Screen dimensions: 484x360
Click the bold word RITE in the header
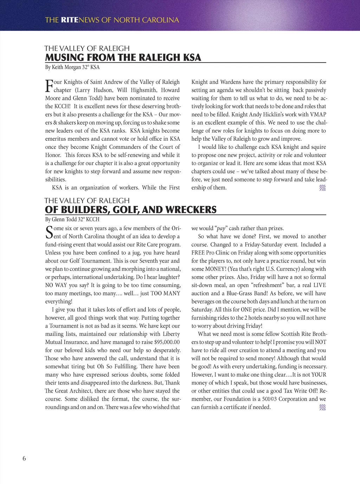70,20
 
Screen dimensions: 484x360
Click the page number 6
24,458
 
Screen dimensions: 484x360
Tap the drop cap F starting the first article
49,86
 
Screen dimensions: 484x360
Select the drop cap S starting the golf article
49,232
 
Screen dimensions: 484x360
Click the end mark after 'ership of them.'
322,188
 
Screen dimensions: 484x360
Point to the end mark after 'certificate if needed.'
322,407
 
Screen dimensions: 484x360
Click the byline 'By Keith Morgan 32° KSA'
72,67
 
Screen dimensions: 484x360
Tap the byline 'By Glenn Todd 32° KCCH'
72,219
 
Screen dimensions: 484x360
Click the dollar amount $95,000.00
167,342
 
